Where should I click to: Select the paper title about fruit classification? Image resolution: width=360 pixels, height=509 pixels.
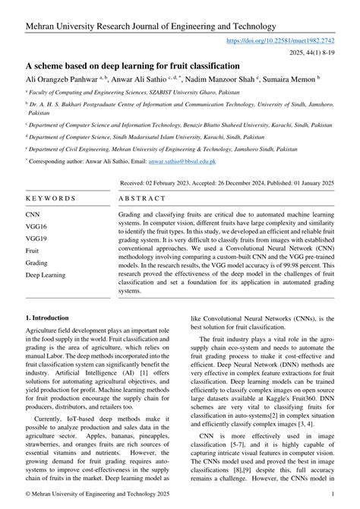pos(133,65)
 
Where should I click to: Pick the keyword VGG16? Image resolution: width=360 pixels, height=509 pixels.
pos(38,226)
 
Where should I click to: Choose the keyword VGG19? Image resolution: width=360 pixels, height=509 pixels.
pos(38,238)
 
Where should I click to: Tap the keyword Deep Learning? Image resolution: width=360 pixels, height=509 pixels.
pos(46,274)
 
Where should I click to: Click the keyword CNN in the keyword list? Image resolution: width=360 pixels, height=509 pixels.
pos(35,215)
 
